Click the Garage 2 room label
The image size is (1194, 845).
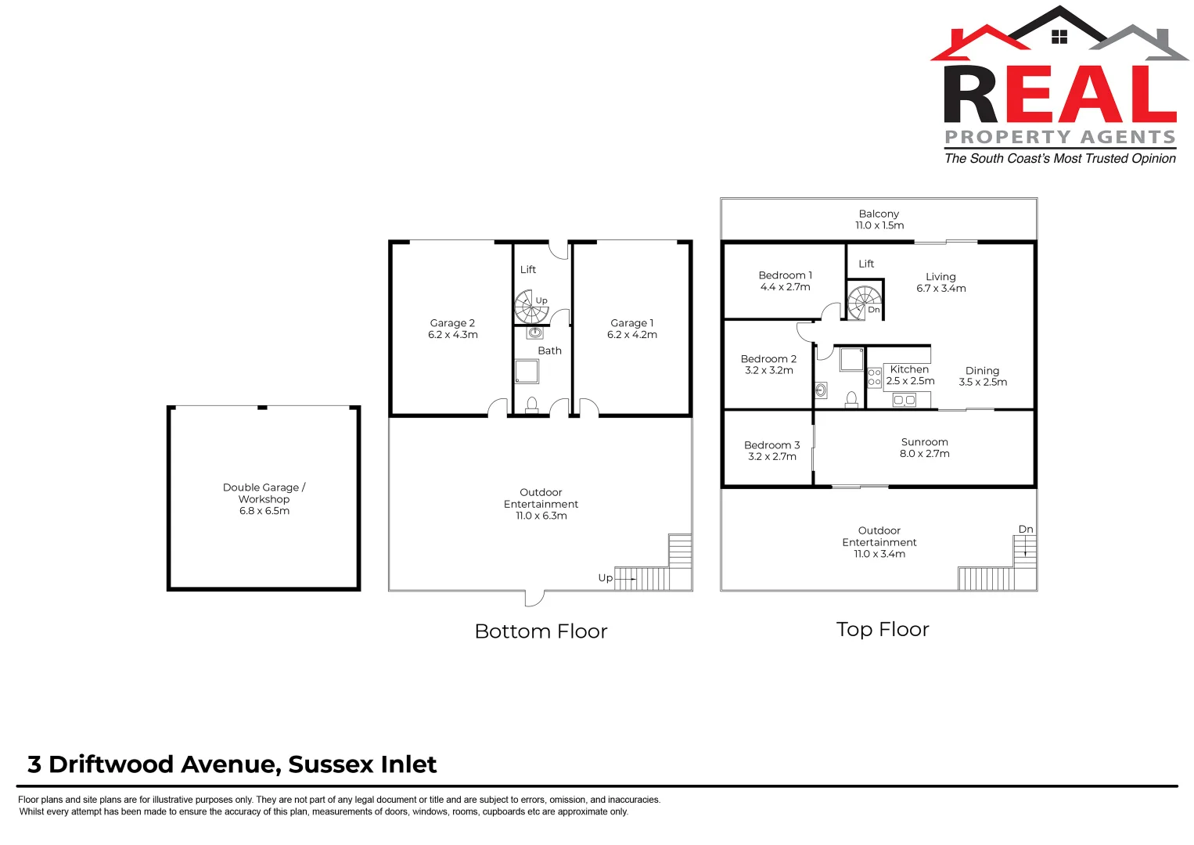coord(452,323)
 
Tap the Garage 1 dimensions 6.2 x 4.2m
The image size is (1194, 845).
coord(631,335)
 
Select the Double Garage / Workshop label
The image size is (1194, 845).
coord(264,493)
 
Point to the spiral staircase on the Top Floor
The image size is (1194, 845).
coord(864,301)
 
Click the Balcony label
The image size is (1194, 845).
coord(879,214)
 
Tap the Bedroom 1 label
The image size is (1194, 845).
coord(785,275)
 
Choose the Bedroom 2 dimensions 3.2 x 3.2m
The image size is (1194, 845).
coord(768,371)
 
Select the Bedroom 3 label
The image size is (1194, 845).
coord(771,445)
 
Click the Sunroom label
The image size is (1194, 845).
coord(924,442)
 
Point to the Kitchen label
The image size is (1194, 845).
coord(909,369)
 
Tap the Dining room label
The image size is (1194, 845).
coord(982,371)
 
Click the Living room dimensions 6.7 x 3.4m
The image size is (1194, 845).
coord(940,289)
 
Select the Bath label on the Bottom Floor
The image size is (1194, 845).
coord(549,351)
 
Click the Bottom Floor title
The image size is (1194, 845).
coord(541,631)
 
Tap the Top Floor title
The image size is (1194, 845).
coord(882,630)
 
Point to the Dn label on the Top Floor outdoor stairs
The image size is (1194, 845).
coord(1025,530)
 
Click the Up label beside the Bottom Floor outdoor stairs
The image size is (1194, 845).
coord(605,578)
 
